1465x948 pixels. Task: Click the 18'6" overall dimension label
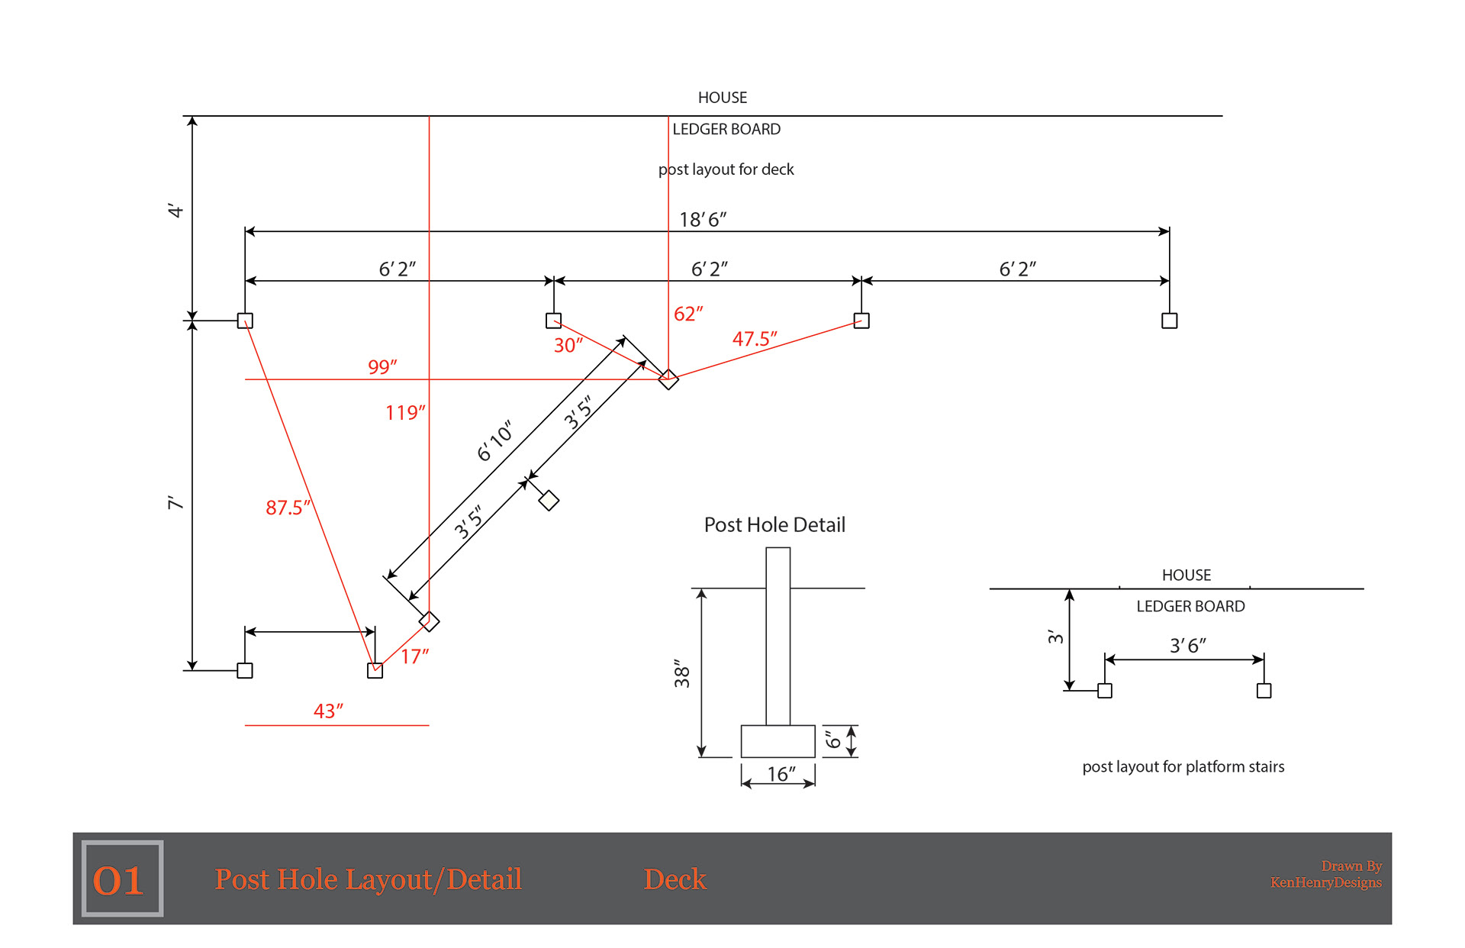click(x=703, y=220)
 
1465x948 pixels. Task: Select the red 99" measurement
click(x=382, y=367)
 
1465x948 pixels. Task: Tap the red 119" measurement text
click(x=405, y=413)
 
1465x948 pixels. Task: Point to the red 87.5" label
click(x=288, y=508)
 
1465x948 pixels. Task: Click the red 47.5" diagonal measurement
click(x=755, y=339)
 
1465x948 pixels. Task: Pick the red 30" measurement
click(x=568, y=346)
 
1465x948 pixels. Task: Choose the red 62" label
click(x=688, y=314)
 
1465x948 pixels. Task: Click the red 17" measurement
click(x=414, y=656)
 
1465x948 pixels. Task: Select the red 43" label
click(x=328, y=711)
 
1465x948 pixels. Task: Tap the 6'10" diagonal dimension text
click(x=494, y=440)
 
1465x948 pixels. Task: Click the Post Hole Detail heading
click(x=774, y=525)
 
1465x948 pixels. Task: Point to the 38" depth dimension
click(x=682, y=673)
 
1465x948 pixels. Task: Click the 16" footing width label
click(x=781, y=775)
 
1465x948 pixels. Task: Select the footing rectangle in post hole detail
click(x=778, y=741)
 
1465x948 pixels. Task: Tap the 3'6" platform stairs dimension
click(x=1188, y=646)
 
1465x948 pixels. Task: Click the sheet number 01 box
click(x=122, y=879)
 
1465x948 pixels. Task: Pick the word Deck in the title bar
click(x=675, y=879)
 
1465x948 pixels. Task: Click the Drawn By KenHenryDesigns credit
click(x=1326, y=875)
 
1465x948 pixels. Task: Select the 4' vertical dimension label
click(x=175, y=211)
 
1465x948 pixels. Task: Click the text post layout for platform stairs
click(x=1183, y=767)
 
